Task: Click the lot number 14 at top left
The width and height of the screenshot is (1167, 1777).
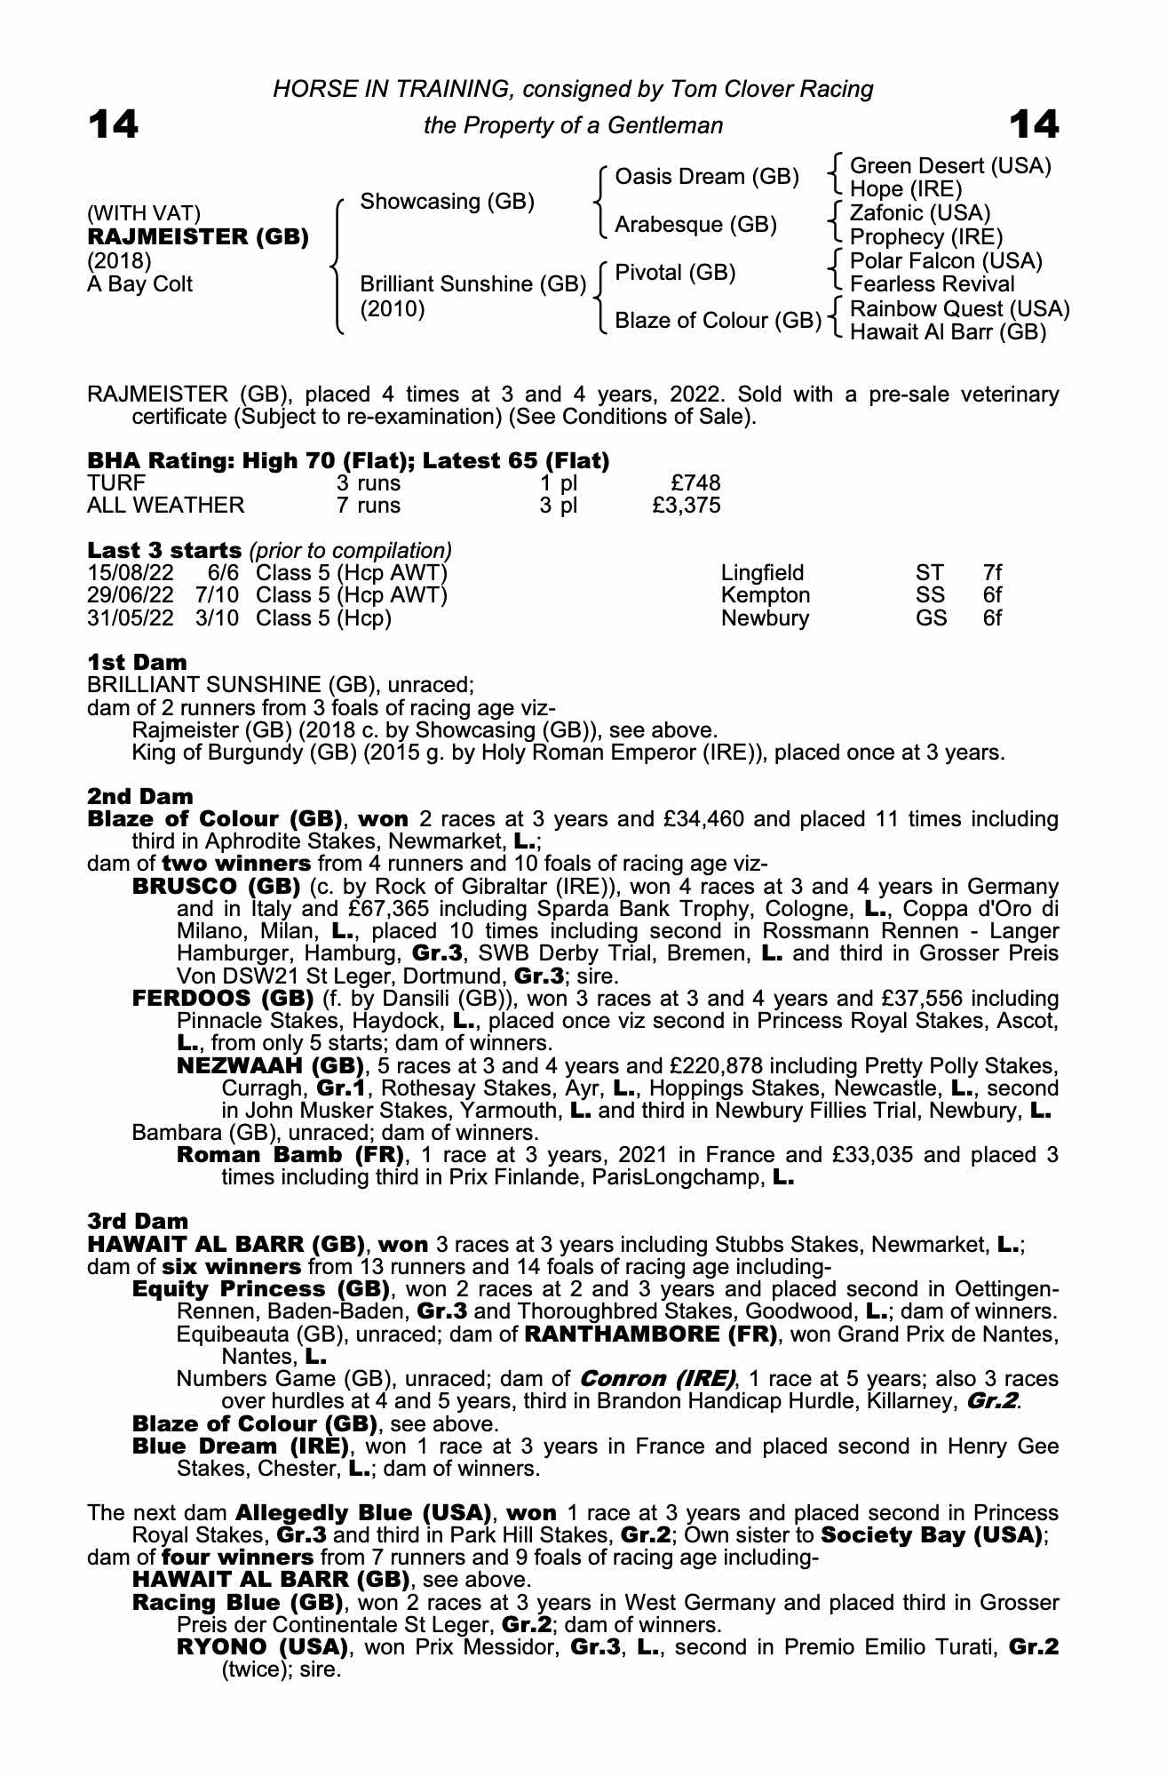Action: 113,124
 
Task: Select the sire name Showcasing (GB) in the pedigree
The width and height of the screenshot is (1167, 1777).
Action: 447,202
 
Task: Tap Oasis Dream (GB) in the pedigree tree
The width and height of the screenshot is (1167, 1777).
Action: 707,177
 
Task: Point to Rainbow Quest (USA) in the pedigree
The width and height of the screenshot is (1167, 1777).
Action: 959,308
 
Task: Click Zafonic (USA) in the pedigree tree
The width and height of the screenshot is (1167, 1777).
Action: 919,213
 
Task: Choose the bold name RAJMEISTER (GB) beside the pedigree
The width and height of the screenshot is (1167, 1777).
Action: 198,237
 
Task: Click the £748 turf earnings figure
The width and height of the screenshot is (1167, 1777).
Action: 695,483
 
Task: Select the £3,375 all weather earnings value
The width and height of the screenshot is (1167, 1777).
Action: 686,506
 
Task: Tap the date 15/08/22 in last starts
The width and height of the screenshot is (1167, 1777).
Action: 131,573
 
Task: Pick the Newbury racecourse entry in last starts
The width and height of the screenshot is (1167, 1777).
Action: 765,618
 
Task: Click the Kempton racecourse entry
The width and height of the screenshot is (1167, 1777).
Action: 766,595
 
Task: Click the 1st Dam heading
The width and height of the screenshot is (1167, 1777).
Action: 137,662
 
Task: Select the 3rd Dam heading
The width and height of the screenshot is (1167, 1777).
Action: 138,1222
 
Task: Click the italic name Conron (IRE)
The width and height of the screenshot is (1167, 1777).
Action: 658,1379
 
